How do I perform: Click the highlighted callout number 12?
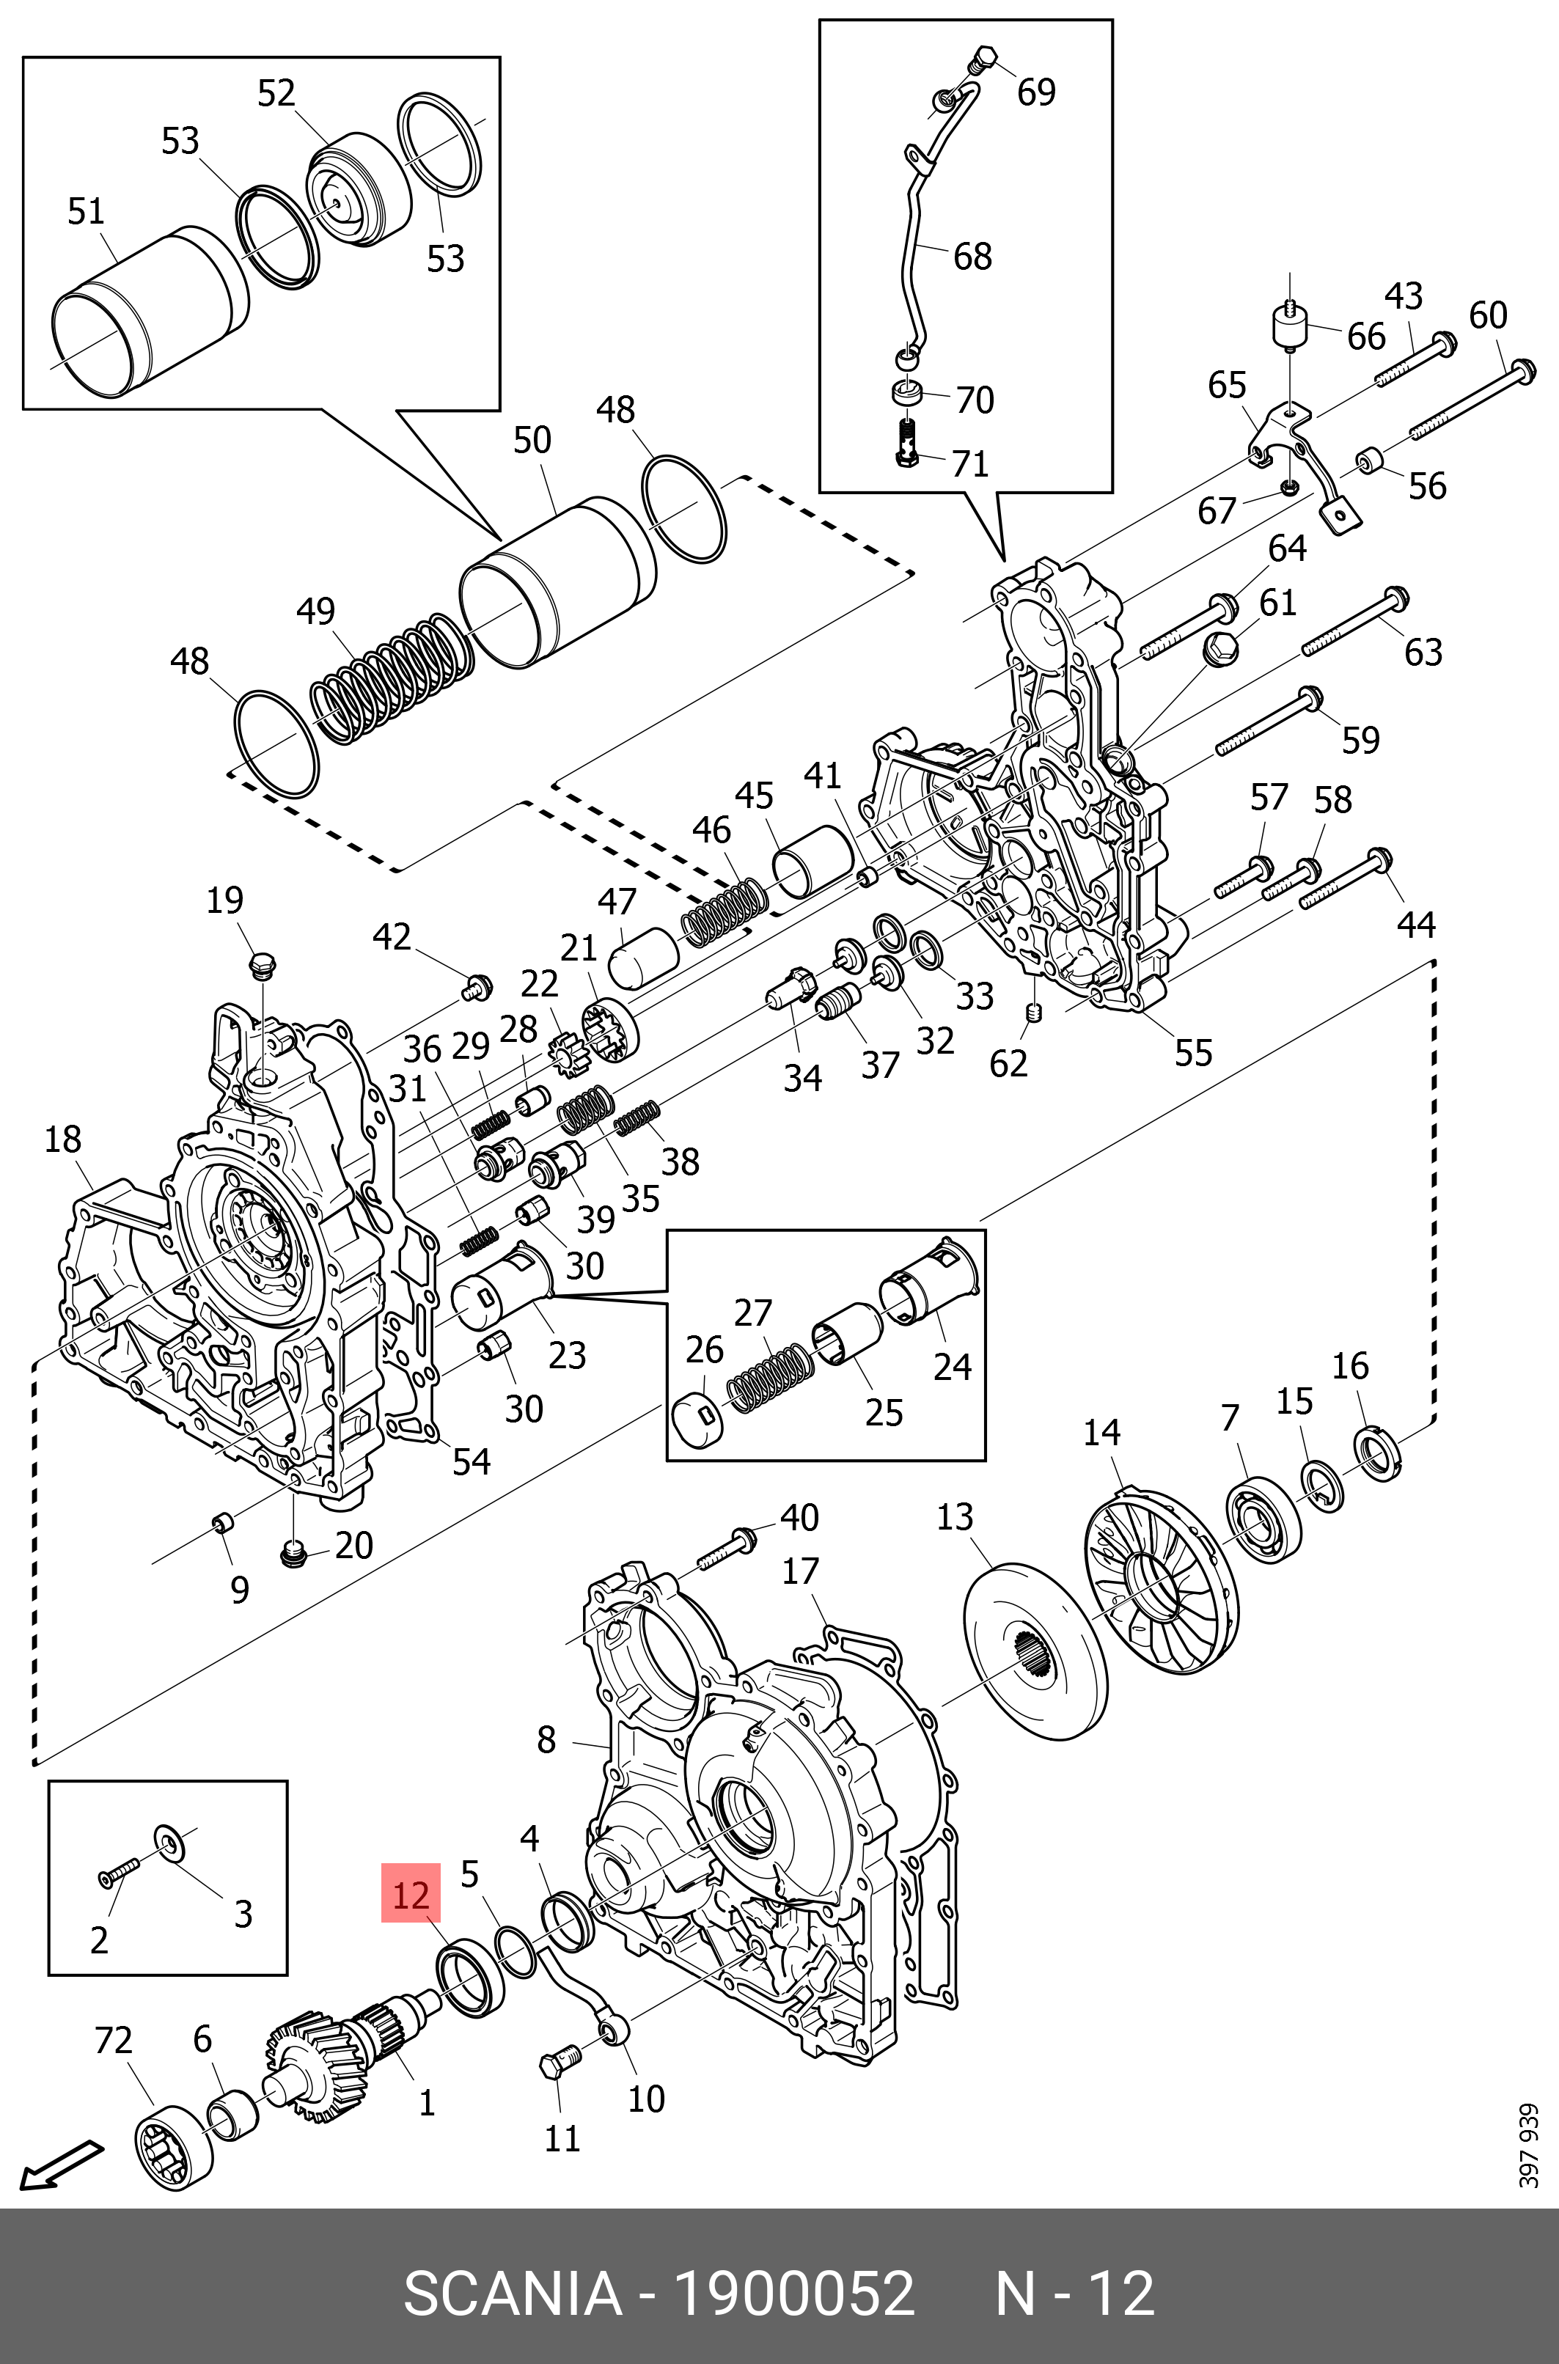point(411,1895)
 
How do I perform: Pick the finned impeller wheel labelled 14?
point(1159,1582)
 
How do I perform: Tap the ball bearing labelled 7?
point(1263,1521)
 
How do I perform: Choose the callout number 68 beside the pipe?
point(972,257)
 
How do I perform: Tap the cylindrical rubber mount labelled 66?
point(1290,328)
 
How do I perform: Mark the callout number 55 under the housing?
point(1193,1054)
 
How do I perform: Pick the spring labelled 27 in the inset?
point(771,1377)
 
